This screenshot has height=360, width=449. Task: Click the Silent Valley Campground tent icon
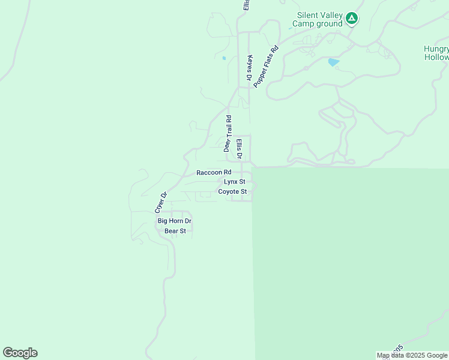(x=352, y=19)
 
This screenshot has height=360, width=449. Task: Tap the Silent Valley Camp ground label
(x=320, y=19)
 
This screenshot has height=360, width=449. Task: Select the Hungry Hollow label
(x=436, y=53)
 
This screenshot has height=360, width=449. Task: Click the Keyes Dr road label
(x=249, y=68)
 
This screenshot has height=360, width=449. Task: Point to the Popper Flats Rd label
(x=266, y=67)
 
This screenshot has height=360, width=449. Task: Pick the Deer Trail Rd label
(x=228, y=133)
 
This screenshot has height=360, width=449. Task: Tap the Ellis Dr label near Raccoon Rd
(x=239, y=149)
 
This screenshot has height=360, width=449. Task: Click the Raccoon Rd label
(x=214, y=172)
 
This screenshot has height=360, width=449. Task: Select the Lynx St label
(x=235, y=181)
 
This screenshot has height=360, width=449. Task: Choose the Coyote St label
(x=232, y=191)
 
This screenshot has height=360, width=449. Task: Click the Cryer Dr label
(x=160, y=202)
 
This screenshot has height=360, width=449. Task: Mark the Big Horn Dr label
(x=174, y=221)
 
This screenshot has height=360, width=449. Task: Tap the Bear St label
(x=175, y=230)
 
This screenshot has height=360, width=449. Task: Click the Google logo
(x=20, y=353)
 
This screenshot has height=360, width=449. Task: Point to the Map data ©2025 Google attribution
(x=412, y=356)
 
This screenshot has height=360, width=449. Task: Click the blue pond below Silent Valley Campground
(x=334, y=62)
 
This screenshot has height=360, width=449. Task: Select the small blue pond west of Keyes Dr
(x=224, y=58)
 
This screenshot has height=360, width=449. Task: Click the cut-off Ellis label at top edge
(x=246, y=5)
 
